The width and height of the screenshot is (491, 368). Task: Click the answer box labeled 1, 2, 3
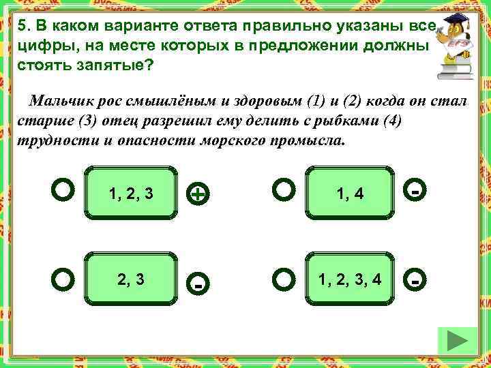tap(130, 194)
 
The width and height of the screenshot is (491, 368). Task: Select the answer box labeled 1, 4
tap(350, 194)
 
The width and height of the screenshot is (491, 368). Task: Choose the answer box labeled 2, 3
tap(130, 279)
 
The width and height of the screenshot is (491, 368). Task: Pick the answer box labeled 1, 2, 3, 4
tap(350, 279)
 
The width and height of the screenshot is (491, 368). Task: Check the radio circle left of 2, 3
tap(62, 279)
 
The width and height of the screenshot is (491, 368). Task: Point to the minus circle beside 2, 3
tap(197, 283)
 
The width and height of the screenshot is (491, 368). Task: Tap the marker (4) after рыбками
tap(389, 123)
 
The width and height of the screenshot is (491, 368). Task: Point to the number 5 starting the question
tap(22, 27)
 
